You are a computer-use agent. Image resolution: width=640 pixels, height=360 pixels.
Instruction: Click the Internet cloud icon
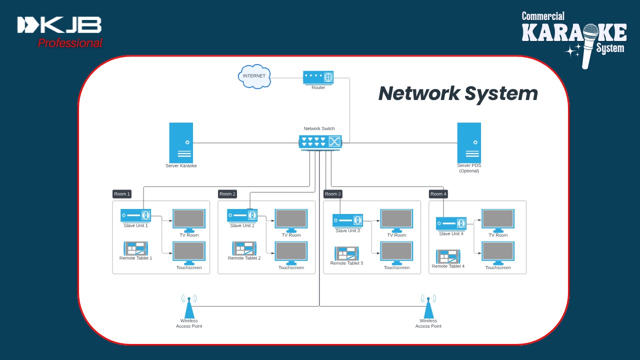pyautogui.click(x=254, y=76)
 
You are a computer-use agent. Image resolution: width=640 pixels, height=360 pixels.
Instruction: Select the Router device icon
pyautogui.click(x=318, y=77)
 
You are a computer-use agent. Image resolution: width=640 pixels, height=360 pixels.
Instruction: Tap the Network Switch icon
pyautogui.click(x=320, y=141)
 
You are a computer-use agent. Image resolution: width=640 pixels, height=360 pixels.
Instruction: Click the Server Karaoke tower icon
pyautogui.click(x=181, y=142)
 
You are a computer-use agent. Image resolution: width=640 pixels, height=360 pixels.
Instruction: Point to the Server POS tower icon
pyautogui.click(x=469, y=142)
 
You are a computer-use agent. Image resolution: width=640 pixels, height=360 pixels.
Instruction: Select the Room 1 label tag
pyautogui.click(x=122, y=194)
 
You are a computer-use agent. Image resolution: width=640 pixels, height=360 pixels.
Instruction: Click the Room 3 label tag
pyautogui.click(x=333, y=194)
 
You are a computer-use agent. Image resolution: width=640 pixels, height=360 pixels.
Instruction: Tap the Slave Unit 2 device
pyautogui.click(x=242, y=215)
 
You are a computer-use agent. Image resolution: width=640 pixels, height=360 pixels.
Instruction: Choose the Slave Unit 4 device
pyautogui.click(x=451, y=223)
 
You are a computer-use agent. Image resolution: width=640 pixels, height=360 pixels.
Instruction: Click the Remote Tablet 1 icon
pyautogui.click(x=136, y=248)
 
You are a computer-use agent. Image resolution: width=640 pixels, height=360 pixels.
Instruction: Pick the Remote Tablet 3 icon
pyautogui.click(x=347, y=253)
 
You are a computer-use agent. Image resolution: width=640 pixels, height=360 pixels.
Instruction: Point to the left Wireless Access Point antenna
pyautogui.click(x=189, y=306)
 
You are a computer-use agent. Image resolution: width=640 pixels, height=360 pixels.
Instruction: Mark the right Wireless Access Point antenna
pyautogui.click(x=428, y=306)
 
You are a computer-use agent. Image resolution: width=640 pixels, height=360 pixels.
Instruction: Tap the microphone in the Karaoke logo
pyautogui.click(x=588, y=45)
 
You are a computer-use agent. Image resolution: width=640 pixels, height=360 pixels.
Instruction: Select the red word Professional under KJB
pyautogui.click(x=70, y=43)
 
